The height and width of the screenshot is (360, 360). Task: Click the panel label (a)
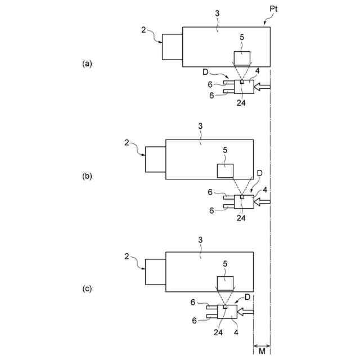tap(87, 64)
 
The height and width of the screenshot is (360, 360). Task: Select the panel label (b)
tap(87, 176)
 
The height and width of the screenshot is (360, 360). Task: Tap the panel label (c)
tap(87, 289)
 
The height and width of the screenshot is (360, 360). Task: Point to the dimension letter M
tap(262, 352)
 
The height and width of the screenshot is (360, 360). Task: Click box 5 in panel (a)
tap(242, 58)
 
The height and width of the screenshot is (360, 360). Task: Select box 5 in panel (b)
tap(226, 171)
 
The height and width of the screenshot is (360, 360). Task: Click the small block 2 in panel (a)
tap(172, 47)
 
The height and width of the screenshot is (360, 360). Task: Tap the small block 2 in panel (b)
tap(155, 159)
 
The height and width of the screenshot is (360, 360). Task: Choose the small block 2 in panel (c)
tap(155, 272)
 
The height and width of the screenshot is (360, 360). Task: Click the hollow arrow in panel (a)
tap(263, 87)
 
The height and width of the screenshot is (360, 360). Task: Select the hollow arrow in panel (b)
tap(263, 201)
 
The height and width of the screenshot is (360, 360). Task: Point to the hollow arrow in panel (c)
tap(246, 311)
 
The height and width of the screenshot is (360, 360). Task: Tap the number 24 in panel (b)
tap(242, 217)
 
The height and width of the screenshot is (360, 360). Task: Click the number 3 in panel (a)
tap(217, 20)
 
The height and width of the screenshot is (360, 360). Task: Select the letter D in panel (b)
tap(259, 173)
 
